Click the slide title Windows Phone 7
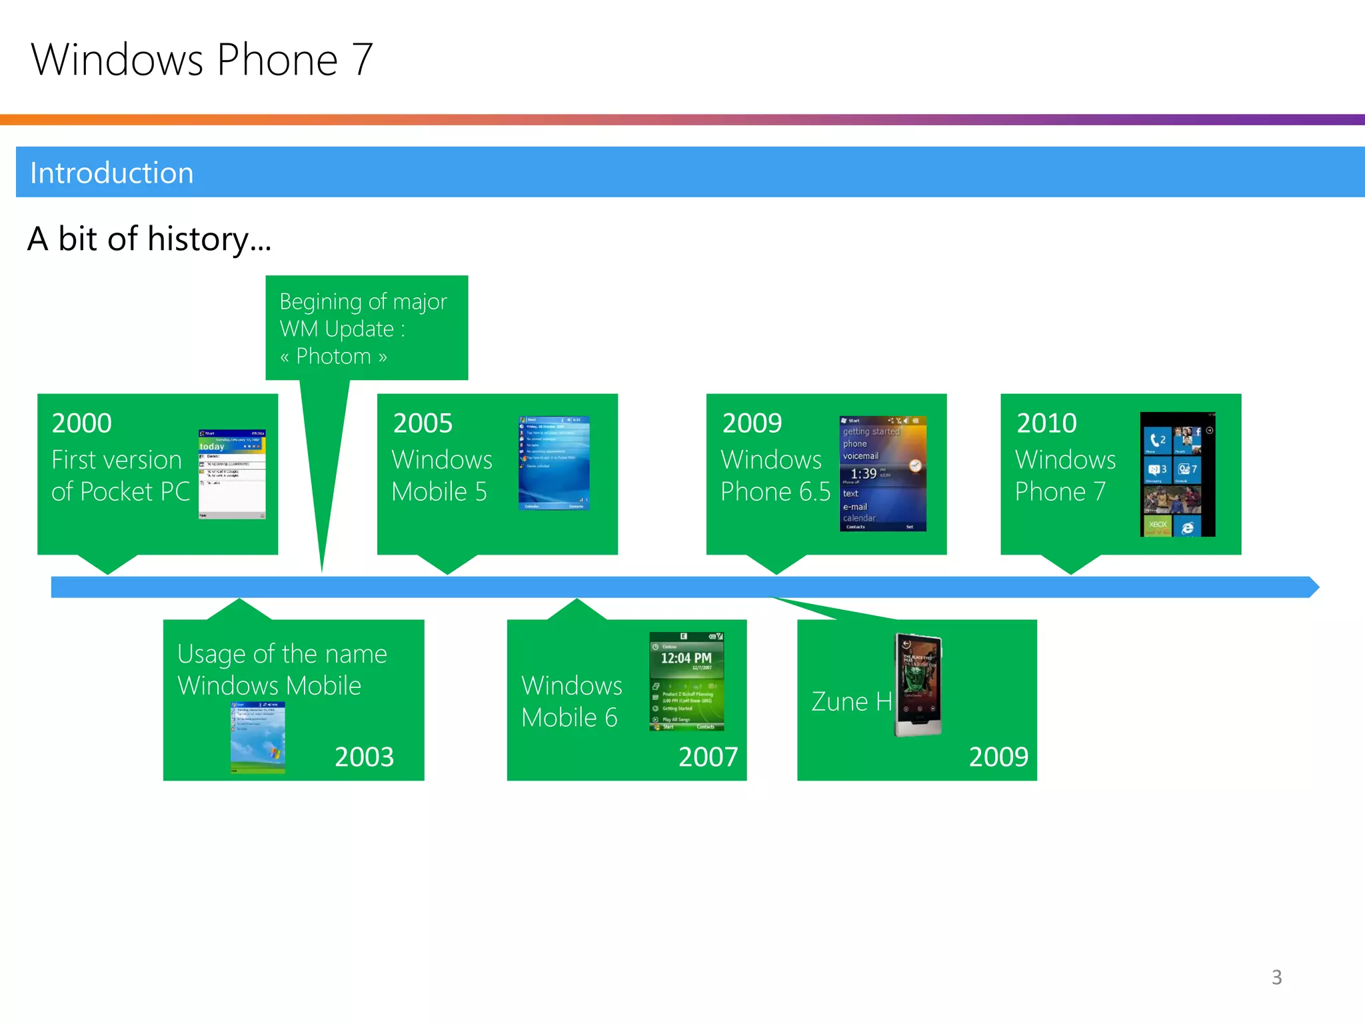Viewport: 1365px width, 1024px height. (201, 60)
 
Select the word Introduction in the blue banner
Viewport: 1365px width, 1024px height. (112, 173)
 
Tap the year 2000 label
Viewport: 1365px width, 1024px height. (81, 423)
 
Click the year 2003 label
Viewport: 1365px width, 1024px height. (364, 757)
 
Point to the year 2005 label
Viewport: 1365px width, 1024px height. (423, 423)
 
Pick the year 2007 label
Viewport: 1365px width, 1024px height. (708, 757)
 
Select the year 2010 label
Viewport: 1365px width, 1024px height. (1046, 423)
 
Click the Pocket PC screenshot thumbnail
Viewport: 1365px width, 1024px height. (232, 474)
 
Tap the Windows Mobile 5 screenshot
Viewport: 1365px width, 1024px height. (554, 463)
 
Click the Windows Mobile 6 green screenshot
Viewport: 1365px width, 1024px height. (686, 681)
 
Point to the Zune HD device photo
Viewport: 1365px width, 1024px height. (918, 685)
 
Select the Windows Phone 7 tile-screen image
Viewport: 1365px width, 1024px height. (1178, 474)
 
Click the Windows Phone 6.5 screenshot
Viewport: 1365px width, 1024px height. (882, 473)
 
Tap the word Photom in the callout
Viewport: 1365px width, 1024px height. (333, 356)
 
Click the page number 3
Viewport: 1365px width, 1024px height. (1276, 977)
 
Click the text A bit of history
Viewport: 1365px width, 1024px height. (149, 239)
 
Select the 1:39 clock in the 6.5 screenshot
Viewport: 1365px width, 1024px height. (864, 473)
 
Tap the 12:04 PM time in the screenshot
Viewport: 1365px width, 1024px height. (686, 658)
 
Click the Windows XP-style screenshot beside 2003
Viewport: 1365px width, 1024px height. (258, 737)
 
